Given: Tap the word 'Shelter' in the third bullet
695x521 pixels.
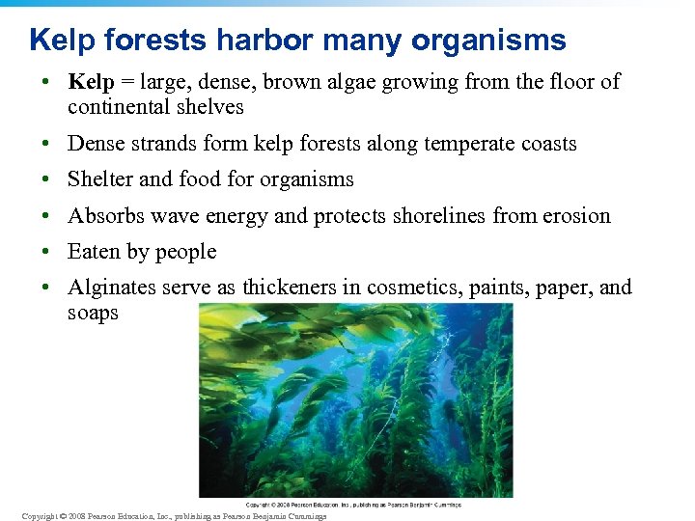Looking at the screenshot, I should pos(101,179).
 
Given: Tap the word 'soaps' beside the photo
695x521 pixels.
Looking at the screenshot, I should pos(93,314).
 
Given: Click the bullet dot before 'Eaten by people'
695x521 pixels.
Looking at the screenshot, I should pos(46,252).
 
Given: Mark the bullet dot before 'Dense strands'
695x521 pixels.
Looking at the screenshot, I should pos(46,145).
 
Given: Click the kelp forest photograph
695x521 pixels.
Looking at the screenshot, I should pos(329,400).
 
